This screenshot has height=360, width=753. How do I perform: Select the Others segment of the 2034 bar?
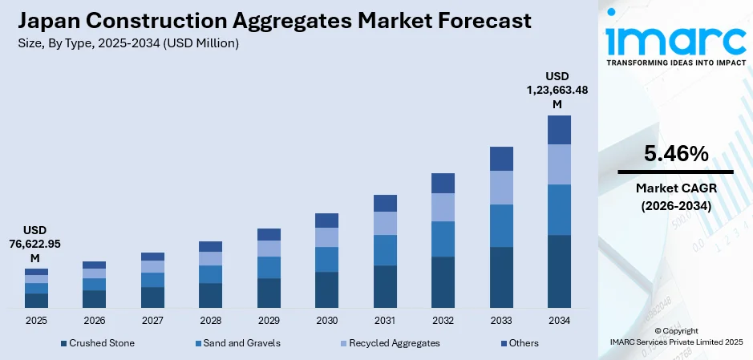[x=559, y=130]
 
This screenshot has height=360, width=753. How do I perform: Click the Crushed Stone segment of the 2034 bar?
[x=559, y=271]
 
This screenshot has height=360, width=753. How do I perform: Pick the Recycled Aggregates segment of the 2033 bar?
[x=501, y=188]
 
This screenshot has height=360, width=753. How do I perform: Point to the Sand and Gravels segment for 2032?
[x=443, y=239]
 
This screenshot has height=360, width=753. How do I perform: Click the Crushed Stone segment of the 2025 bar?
[x=36, y=300]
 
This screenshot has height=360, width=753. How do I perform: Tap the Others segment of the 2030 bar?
[x=326, y=220]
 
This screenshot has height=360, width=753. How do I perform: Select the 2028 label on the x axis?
[x=210, y=321]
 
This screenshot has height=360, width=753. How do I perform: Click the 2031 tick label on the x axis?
[x=385, y=321]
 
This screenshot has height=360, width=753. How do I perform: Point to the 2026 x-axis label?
[x=94, y=321]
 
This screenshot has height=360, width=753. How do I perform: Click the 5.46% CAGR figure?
[x=675, y=154]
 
